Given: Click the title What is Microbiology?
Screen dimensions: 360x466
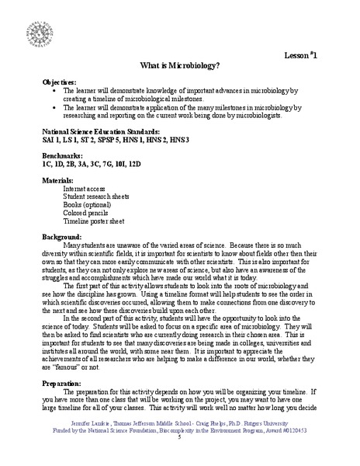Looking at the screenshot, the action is click(179, 66).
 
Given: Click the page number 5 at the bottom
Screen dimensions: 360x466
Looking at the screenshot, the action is click(179, 459).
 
